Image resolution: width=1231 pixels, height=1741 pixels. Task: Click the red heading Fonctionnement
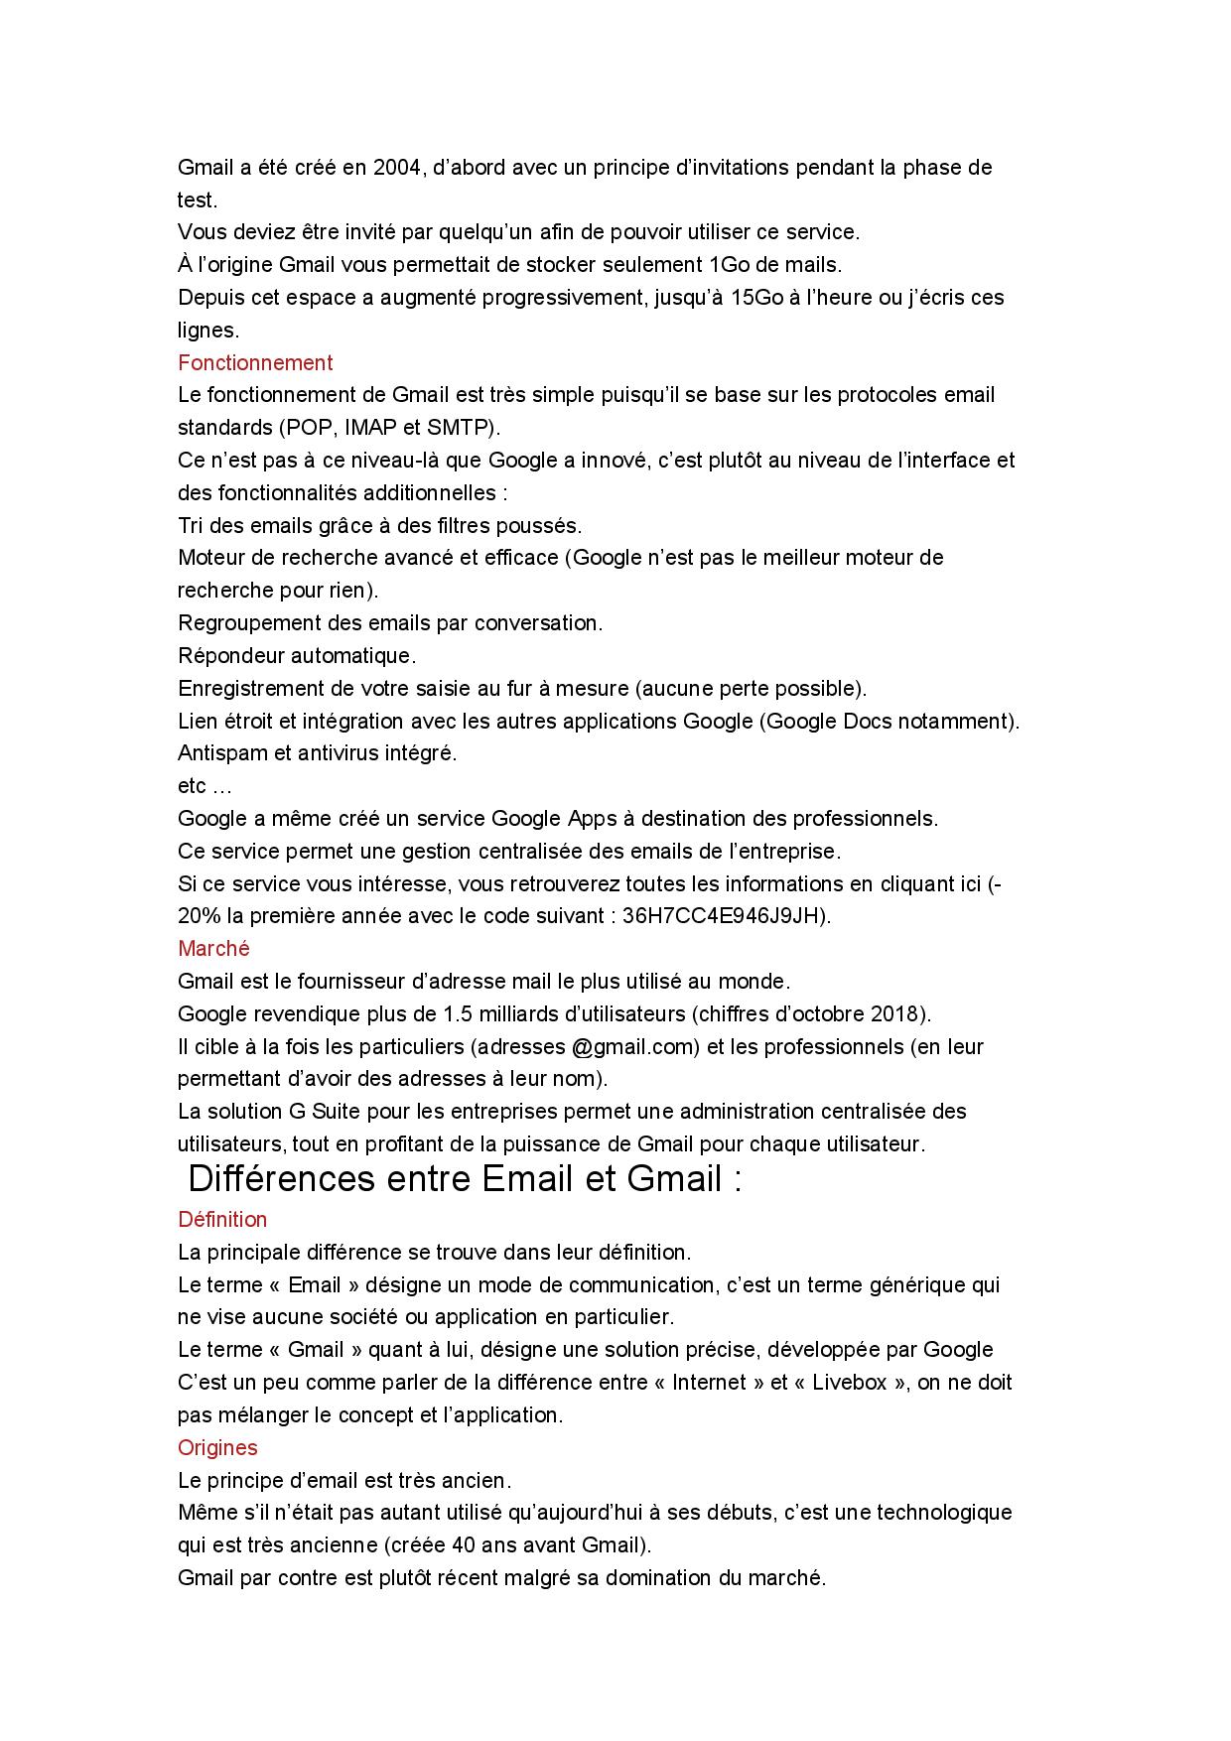point(255,362)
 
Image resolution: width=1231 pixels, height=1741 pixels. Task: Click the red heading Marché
point(213,949)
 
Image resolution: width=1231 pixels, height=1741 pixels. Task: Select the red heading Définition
point(222,1219)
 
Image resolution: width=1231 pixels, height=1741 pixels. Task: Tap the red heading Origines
point(217,1447)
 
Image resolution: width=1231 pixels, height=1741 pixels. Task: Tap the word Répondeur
point(231,656)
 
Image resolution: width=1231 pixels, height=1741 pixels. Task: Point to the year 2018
point(894,1014)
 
